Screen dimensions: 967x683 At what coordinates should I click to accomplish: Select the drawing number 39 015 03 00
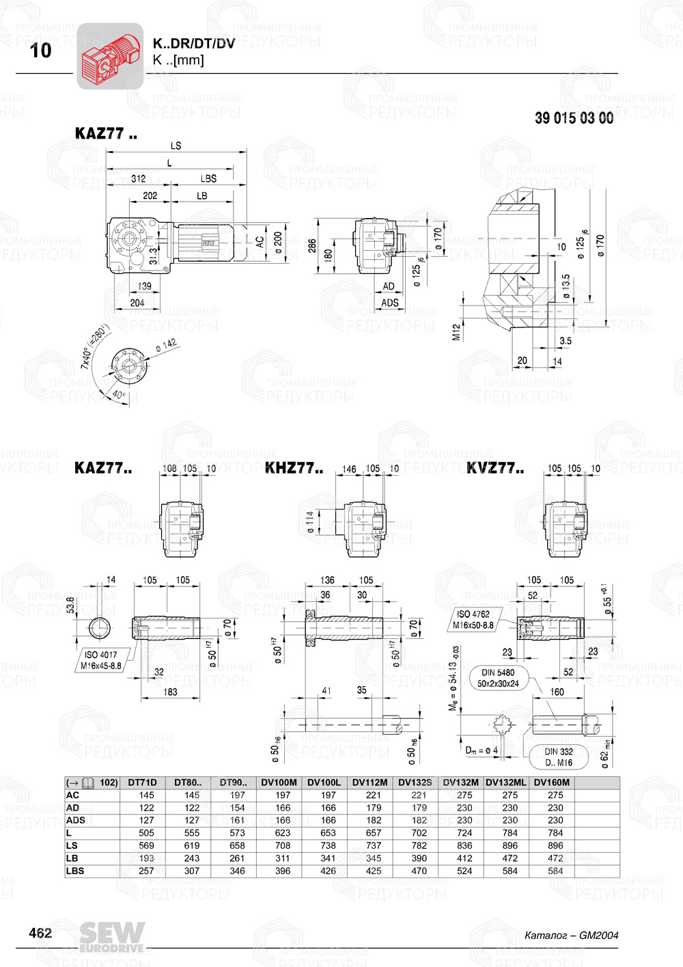coord(574,118)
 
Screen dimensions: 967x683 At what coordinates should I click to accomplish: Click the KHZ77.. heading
coord(294,468)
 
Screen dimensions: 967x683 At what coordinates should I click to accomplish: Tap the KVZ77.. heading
coord(495,468)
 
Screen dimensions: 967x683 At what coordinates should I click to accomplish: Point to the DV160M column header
coord(551,782)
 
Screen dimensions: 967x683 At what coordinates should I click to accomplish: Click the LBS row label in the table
coord(75,871)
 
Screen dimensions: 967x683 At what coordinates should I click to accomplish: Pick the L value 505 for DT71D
coord(146,833)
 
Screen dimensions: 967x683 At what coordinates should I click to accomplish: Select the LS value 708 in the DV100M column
coord(283,845)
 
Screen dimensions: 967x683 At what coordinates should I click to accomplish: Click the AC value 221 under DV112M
coord(374,795)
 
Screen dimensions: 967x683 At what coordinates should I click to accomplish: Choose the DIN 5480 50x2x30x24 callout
coord(498,678)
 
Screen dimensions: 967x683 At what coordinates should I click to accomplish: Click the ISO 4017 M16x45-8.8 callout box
coord(100,660)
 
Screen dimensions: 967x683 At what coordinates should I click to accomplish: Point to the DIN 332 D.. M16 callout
coord(559,757)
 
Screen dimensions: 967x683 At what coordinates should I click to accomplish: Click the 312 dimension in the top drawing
coord(138,178)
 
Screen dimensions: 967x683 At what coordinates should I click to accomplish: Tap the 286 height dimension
coord(312,245)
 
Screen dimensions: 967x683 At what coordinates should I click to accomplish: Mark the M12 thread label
coord(456,331)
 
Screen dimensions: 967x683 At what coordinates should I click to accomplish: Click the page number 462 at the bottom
coord(40,933)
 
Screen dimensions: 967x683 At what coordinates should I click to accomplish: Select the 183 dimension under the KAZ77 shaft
coord(170,692)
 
